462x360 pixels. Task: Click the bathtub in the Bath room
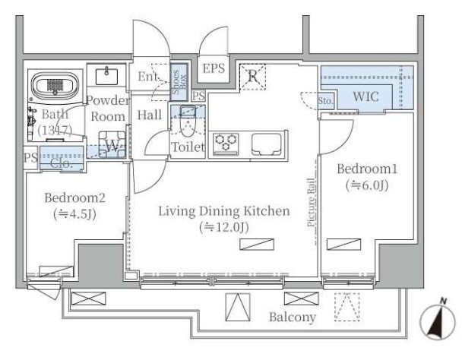(x=55, y=85)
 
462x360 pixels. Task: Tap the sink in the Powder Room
(x=106, y=76)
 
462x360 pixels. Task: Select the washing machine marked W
(x=112, y=144)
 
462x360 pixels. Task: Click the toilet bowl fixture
(x=188, y=122)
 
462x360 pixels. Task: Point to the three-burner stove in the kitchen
(x=226, y=144)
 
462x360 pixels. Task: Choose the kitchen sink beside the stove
(x=267, y=144)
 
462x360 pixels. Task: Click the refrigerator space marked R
(x=252, y=77)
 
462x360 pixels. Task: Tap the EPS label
(x=214, y=68)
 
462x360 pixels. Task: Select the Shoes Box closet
(x=179, y=82)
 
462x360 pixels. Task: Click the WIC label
(x=365, y=96)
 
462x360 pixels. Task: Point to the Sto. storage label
(x=325, y=101)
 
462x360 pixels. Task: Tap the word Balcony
(x=293, y=317)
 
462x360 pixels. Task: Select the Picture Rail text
(x=311, y=202)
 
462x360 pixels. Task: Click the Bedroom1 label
(x=367, y=169)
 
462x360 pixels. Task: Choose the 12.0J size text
(x=224, y=227)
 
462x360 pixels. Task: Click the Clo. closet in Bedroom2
(x=62, y=158)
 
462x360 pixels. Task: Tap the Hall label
(x=150, y=115)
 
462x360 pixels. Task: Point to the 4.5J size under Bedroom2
(x=74, y=214)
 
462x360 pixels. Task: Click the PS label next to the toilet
(x=198, y=96)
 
